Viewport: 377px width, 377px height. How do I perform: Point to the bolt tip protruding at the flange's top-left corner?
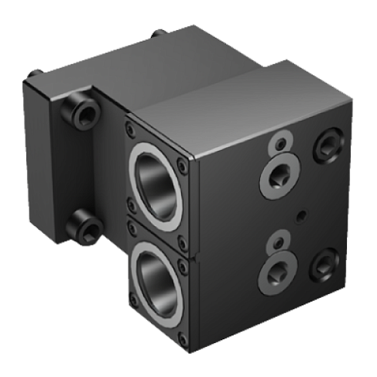tap(33, 75)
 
